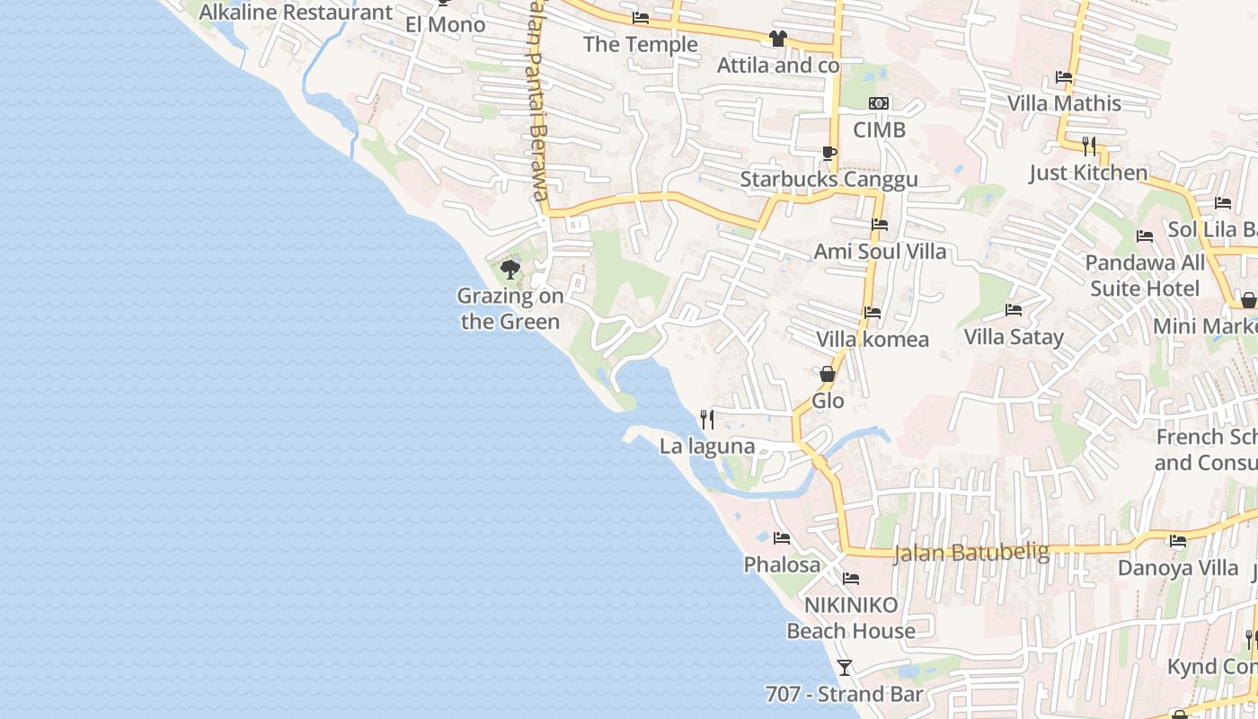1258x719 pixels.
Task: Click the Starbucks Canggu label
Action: tap(828, 179)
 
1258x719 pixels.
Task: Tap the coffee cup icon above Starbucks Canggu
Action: tap(828, 153)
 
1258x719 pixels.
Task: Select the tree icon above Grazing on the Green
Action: tap(510, 269)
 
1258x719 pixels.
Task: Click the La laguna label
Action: tap(707, 446)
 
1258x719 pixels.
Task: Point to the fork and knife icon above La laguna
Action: tap(707, 419)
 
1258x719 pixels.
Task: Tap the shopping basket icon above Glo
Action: tap(828, 373)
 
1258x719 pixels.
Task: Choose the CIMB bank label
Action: tap(879, 129)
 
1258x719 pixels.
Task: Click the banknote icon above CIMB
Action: tap(879, 103)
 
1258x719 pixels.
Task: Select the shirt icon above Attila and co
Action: tap(777, 39)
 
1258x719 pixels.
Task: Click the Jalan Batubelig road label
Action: tap(971, 551)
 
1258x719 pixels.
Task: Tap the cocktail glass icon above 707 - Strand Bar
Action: tap(844, 667)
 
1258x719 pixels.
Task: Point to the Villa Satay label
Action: tap(1014, 337)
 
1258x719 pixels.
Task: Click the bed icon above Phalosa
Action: tap(782, 537)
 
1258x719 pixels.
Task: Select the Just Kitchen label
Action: tap(1088, 173)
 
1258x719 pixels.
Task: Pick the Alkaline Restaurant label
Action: tap(296, 13)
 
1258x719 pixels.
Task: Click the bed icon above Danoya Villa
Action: tap(1177, 541)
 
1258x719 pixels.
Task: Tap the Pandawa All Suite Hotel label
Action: tap(1145, 275)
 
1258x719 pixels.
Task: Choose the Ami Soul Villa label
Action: tap(880, 251)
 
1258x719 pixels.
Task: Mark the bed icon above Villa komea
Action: tap(873, 313)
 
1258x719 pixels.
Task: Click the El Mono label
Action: tap(445, 24)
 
